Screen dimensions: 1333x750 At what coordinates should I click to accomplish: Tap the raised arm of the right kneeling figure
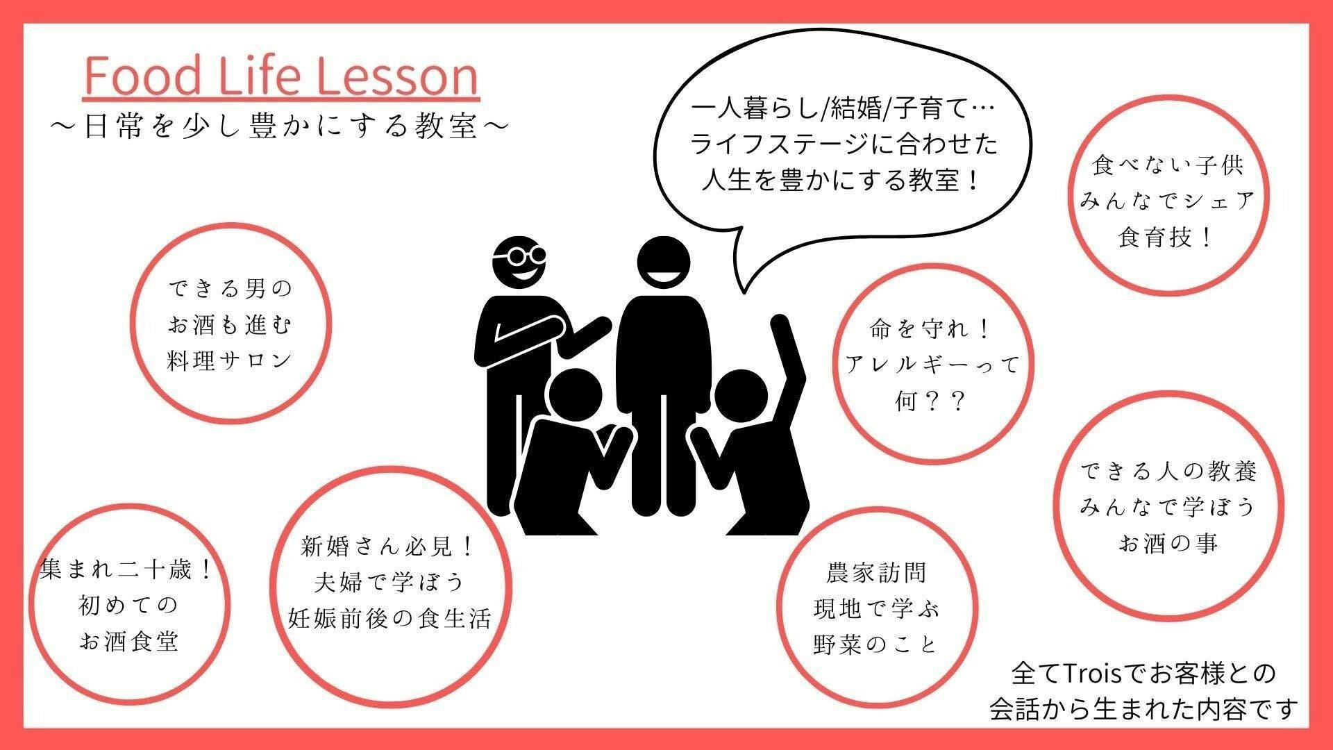click(788, 354)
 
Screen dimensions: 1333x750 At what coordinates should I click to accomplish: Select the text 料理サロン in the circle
click(230, 360)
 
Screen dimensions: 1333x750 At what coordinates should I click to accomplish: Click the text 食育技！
click(1166, 237)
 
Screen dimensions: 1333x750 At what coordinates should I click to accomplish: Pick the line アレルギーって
click(933, 365)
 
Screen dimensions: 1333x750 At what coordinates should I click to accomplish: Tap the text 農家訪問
click(876, 573)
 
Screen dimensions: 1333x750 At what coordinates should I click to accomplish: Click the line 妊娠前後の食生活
click(390, 618)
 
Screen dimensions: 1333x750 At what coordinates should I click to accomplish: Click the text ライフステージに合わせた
click(843, 144)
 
